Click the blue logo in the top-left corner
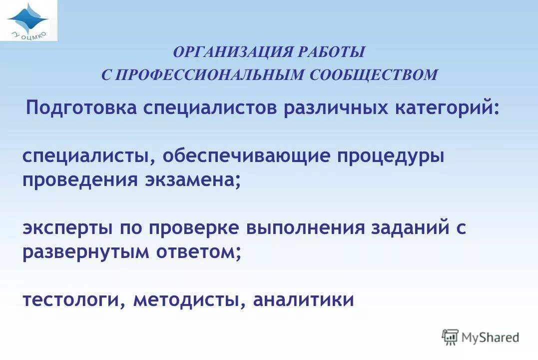tap(28, 20)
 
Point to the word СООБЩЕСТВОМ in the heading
tap(374, 75)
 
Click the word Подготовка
tap(81, 108)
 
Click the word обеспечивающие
tap(246, 156)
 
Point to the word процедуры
tap(391, 156)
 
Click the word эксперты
tap(67, 228)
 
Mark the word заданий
tap(410, 228)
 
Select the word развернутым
tap(86, 251)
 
